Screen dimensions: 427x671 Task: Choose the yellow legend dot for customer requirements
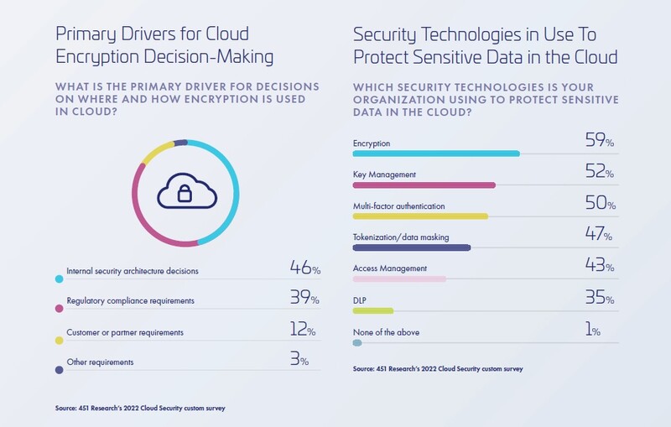point(59,340)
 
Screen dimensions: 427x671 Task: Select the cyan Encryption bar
point(436,154)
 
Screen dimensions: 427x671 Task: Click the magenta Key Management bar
point(424,185)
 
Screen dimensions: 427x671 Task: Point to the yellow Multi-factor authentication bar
point(420,216)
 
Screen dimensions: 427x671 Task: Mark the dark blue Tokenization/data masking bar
point(412,247)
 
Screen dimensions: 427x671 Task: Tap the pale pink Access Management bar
point(399,279)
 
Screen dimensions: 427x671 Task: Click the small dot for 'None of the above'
point(357,342)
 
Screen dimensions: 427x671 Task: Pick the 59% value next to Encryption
point(599,141)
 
